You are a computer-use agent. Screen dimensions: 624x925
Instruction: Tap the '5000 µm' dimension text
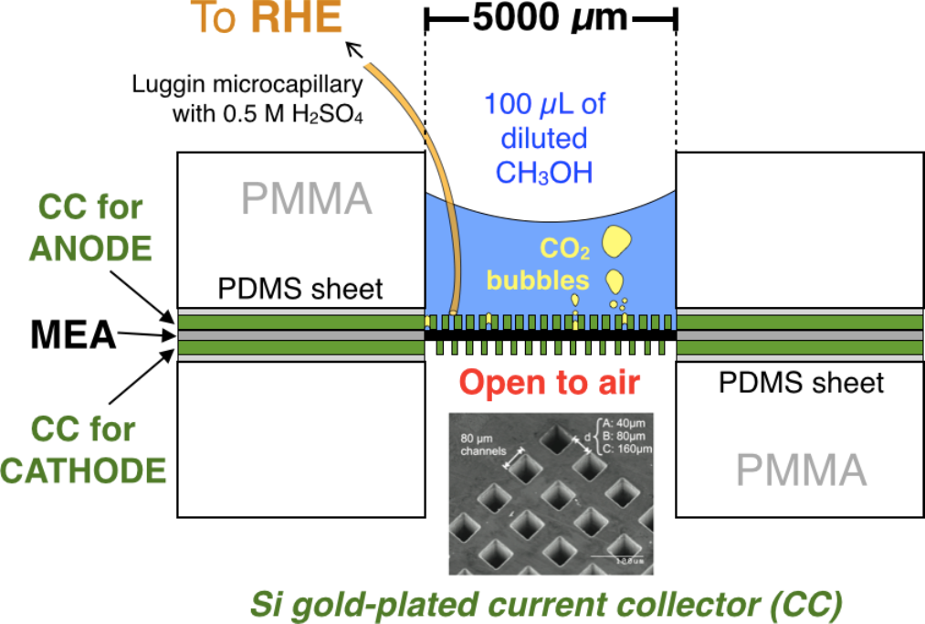551,18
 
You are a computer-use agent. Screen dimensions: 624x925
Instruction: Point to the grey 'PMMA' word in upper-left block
307,199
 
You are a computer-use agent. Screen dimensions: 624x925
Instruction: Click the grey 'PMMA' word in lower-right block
801,471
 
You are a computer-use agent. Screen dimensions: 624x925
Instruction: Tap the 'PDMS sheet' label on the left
300,291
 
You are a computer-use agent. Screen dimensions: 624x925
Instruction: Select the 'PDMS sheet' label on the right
801,382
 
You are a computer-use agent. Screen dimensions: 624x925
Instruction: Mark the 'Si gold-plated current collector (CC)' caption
544,602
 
